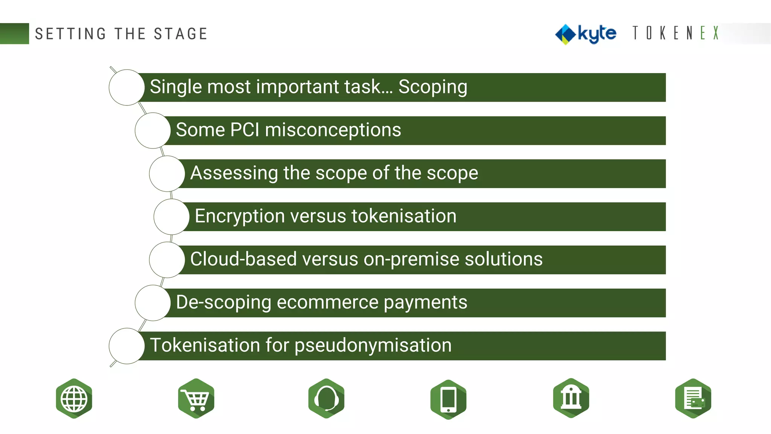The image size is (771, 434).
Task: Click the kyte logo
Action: point(586,34)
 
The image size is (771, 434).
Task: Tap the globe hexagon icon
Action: point(74,399)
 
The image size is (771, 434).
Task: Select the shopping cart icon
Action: point(196,399)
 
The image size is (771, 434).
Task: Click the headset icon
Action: point(326,399)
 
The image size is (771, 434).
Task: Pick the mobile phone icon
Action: point(448,399)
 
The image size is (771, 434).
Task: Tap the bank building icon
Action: point(571,398)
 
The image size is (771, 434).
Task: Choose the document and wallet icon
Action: point(693,399)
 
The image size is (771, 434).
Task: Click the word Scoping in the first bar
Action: point(433,87)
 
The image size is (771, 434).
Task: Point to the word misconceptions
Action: point(333,130)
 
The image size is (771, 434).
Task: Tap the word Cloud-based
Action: point(243,259)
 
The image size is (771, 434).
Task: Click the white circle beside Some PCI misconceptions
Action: point(152,130)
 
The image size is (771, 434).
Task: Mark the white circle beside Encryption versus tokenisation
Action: point(171,217)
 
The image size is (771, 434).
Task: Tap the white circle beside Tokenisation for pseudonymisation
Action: point(126,346)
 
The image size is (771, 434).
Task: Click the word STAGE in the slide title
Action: point(181,34)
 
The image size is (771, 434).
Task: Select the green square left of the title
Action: point(14,34)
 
